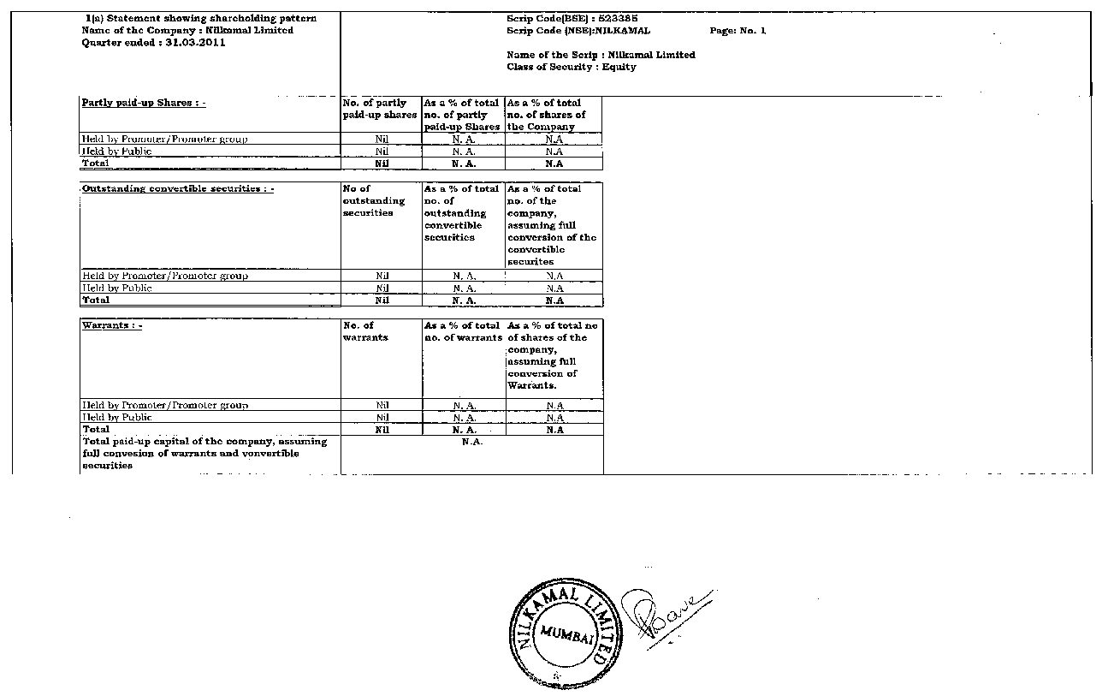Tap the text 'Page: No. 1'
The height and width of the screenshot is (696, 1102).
[738, 31]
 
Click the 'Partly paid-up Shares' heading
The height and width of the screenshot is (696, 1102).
[143, 103]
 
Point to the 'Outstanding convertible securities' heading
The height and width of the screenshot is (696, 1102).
[177, 188]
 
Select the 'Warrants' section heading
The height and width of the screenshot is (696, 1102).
[112, 325]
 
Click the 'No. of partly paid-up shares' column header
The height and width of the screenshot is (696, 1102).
[380, 109]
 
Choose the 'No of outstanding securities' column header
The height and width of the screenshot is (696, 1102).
[374, 200]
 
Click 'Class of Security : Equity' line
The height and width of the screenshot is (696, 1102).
[571, 67]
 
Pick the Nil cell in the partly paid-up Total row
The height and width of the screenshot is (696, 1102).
[382, 164]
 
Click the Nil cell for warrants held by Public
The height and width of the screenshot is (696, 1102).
[382, 418]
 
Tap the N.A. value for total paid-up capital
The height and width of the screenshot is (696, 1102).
[472, 442]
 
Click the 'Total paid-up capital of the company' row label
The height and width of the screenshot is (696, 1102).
[204, 453]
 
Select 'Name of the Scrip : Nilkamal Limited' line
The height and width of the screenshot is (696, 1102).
[601, 55]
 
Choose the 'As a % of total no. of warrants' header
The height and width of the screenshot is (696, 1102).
[463, 331]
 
